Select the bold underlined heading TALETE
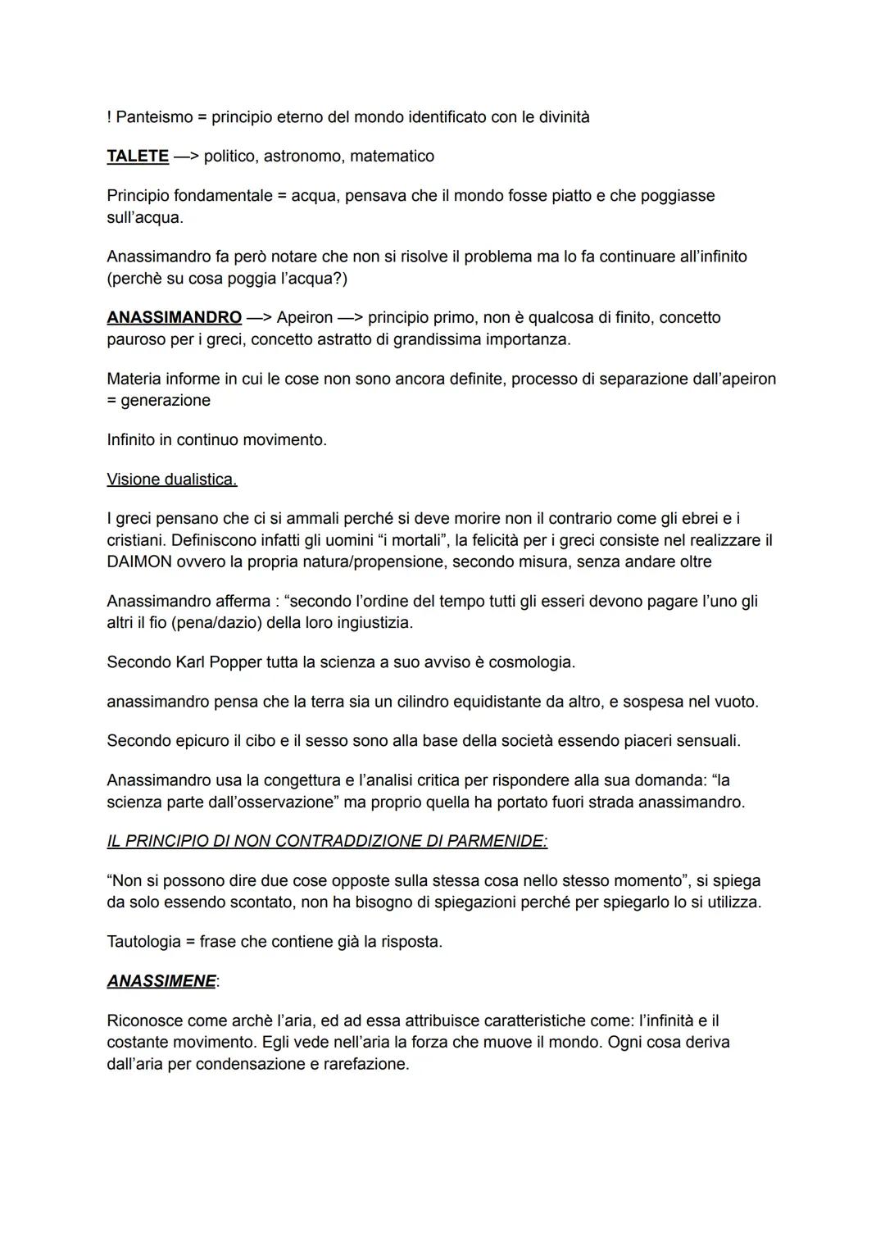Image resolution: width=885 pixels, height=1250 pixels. tap(138, 157)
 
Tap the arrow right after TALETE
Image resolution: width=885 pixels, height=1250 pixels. tap(185, 157)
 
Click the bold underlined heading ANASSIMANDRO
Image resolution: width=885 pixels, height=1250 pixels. tap(174, 317)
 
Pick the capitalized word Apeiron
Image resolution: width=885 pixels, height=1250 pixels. tap(305, 317)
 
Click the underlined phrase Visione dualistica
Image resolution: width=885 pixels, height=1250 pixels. tap(172, 480)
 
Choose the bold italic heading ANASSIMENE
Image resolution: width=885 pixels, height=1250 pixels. tap(161, 981)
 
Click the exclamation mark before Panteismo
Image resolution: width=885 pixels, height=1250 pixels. tap(109, 117)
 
